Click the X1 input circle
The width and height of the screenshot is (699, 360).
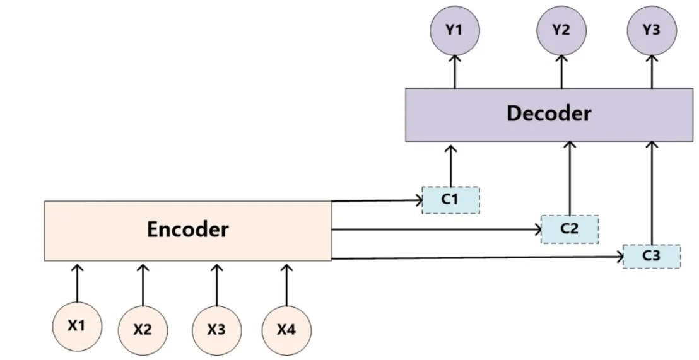pyautogui.click(x=77, y=326)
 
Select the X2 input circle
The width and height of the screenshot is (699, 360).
pyautogui.click(x=143, y=330)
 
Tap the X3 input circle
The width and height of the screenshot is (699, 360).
pyautogui.click(x=216, y=330)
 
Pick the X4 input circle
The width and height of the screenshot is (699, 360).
pyautogui.click(x=286, y=330)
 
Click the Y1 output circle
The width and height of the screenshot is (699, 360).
pyautogui.click(x=455, y=31)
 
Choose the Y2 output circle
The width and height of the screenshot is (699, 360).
pyautogui.click(x=561, y=31)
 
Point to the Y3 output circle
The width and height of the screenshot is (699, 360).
pyautogui.click(x=652, y=31)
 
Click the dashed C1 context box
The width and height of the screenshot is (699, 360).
pyautogui.click(x=450, y=200)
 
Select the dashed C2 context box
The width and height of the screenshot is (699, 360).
pyautogui.click(x=570, y=229)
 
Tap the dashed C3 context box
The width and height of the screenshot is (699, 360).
pyautogui.click(x=652, y=257)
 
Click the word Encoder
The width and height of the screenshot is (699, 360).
pyautogui.click(x=187, y=230)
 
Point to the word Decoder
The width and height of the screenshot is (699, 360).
pyautogui.click(x=549, y=113)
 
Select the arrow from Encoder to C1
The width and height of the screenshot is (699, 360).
pyautogui.click(x=377, y=201)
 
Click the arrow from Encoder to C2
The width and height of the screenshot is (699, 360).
pyautogui.click(x=437, y=230)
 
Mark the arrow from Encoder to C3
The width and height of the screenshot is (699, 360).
pyautogui.click(x=478, y=257)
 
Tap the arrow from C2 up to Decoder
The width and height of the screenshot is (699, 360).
pyautogui.click(x=569, y=178)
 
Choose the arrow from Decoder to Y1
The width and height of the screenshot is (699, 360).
pyautogui.click(x=455, y=72)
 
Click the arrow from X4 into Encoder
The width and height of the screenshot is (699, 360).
pyautogui.click(x=286, y=285)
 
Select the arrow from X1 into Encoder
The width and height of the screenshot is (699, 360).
pyautogui.click(x=77, y=283)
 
